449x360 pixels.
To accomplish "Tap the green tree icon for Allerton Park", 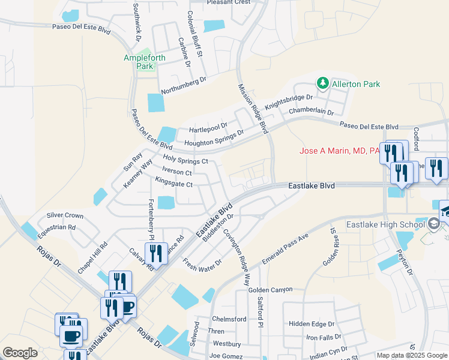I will (x=322, y=83).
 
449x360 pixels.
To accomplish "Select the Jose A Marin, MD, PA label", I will (x=339, y=151).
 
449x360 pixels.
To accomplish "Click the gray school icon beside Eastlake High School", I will (x=433, y=225).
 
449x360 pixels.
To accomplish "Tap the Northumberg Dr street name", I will (x=175, y=85).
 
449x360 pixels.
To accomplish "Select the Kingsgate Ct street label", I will (x=173, y=184).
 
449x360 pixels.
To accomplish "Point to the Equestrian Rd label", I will (x=55, y=227).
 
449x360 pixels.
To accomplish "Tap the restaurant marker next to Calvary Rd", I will (x=156, y=254).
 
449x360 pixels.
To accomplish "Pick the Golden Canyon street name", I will (x=270, y=290).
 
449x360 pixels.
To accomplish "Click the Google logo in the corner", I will (x=20, y=353).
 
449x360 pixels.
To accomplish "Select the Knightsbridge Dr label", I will (x=294, y=100).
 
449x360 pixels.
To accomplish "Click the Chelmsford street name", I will (x=229, y=319).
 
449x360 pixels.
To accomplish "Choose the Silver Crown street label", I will (x=65, y=215).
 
